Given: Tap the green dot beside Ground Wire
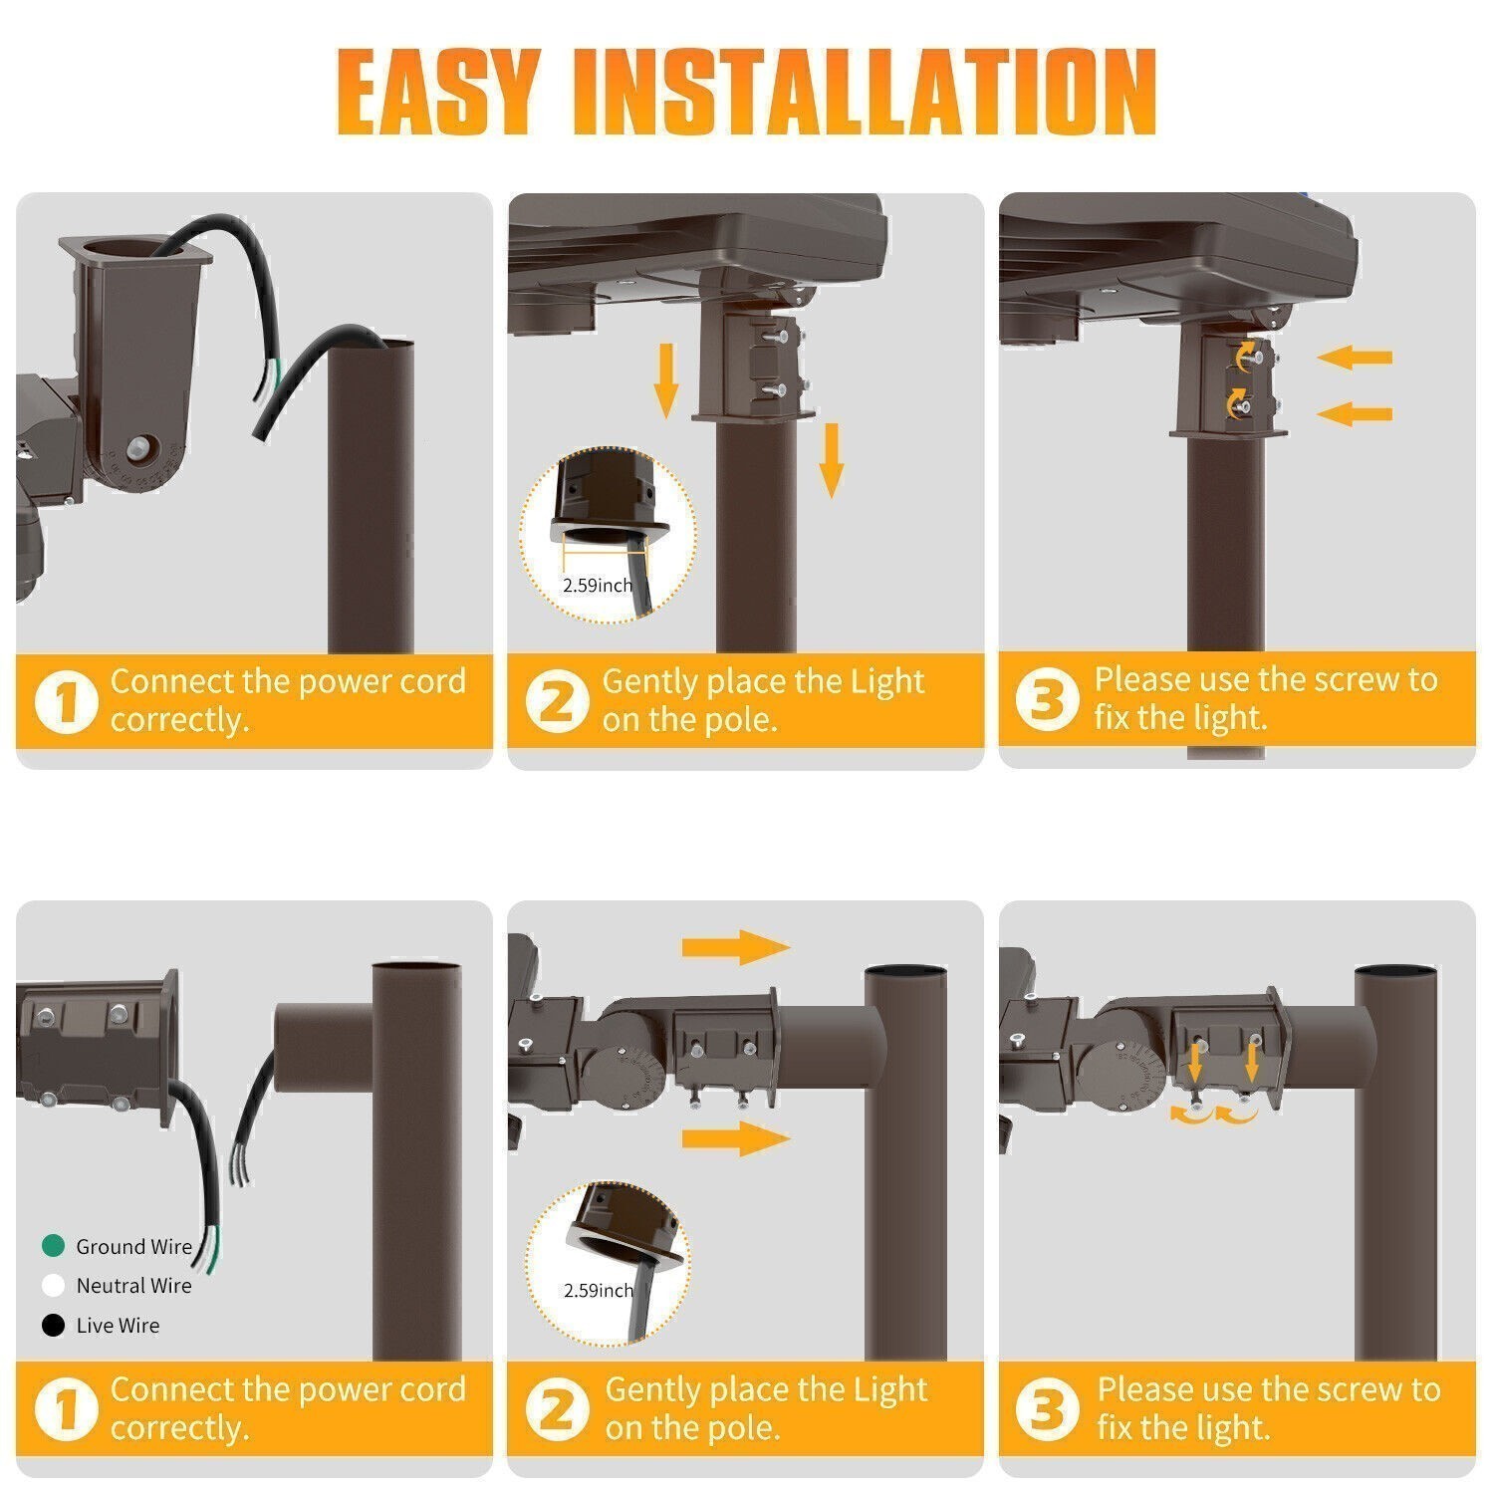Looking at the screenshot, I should pyautogui.click(x=53, y=1246).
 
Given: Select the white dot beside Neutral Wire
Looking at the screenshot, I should pyautogui.click(x=53, y=1286).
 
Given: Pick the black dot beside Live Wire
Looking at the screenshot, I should pyautogui.click(x=53, y=1326).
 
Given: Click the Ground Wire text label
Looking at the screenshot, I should pyautogui.click(x=133, y=1247).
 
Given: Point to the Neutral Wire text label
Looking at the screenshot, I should pyautogui.click(x=133, y=1286).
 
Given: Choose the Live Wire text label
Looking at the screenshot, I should pyautogui.click(x=118, y=1326).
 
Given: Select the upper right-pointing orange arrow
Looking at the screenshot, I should pyautogui.click(x=735, y=947).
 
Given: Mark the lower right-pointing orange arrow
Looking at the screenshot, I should pyautogui.click(x=735, y=1138).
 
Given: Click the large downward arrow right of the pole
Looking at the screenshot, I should pyautogui.click(x=831, y=459).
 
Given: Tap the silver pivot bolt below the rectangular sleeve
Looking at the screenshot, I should pyautogui.click(x=143, y=445).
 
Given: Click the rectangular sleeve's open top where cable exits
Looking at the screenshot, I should pyautogui.click(x=134, y=249).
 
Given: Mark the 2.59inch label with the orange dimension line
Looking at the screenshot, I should pyautogui.click(x=598, y=585).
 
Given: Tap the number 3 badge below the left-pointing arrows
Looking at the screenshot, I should pyautogui.click(x=1047, y=700).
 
